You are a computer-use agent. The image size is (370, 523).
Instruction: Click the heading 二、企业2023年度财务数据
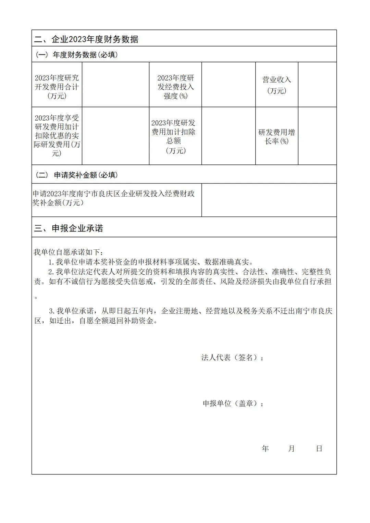[x=86, y=39]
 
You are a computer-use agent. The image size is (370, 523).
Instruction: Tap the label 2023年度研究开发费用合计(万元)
[x=57, y=87]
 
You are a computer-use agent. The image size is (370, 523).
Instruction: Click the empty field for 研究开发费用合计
[x=115, y=85]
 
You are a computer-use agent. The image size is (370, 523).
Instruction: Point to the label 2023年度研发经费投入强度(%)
[x=175, y=87]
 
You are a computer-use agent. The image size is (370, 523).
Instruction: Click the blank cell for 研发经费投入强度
[x=229, y=85]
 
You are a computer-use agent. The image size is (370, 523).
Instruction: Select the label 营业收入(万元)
[x=277, y=85]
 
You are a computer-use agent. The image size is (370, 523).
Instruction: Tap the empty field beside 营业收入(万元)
[x=317, y=85]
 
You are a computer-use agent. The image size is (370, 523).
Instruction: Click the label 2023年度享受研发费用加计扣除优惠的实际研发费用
[x=57, y=136]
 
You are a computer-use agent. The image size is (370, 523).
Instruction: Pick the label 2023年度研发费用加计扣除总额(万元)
[x=174, y=136]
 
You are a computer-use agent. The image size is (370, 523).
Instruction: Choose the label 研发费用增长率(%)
[x=277, y=137]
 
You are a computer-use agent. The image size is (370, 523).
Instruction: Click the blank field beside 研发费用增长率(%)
[x=317, y=136]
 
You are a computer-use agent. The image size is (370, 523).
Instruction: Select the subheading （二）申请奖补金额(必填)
[x=77, y=175]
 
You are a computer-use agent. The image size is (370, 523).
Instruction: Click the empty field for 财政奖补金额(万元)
[x=269, y=200]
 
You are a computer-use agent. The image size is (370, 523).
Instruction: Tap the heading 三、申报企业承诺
[x=69, y=228]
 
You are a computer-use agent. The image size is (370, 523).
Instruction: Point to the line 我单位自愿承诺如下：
[x=68, y=252]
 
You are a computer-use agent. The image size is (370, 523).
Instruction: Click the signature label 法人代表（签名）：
[x=233, y=358]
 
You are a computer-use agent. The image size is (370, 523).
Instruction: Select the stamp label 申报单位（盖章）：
[x=233, y=403]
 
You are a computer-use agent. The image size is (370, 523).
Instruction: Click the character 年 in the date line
[x=265, y=449]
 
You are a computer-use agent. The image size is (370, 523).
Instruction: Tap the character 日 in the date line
[x=319, y=449]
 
